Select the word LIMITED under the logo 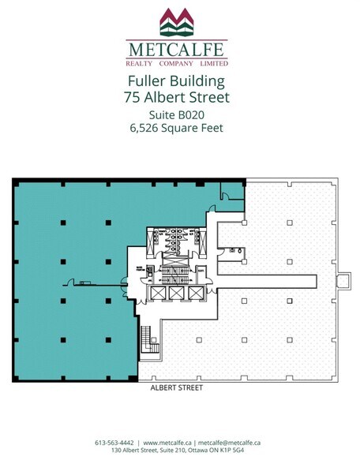(213, 62)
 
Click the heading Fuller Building (177, 81)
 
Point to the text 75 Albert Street (177, 98)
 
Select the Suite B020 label (177, 114)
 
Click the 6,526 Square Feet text (177, 129)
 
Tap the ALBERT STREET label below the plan (177, 388)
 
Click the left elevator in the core (154, 293)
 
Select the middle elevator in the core (174, 293)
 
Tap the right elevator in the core (194, 293)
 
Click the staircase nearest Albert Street (144, 340)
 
